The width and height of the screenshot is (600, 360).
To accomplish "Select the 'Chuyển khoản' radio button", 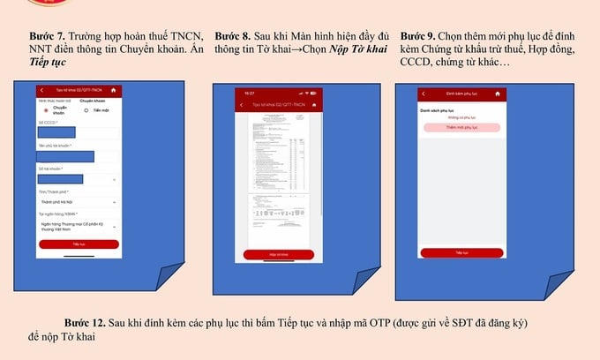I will pyautogui.click(x=47, y=110).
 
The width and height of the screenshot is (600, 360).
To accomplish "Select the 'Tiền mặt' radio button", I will pyautogui.click(x=86, y=110).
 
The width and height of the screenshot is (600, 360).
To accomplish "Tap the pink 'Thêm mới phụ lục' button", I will pyautogui.click(x=461, y=128).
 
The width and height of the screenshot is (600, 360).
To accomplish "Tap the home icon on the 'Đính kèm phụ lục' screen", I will pyautogui.click(x=499, y=94).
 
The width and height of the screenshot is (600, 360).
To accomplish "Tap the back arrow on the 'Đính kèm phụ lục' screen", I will pyautogui.click(x=424, y=94).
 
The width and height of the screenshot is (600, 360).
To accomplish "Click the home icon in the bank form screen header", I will pyautogui.click(x=113, y=91).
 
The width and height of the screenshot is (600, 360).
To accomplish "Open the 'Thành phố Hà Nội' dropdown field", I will pyautogui.click(x=78, y=201).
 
